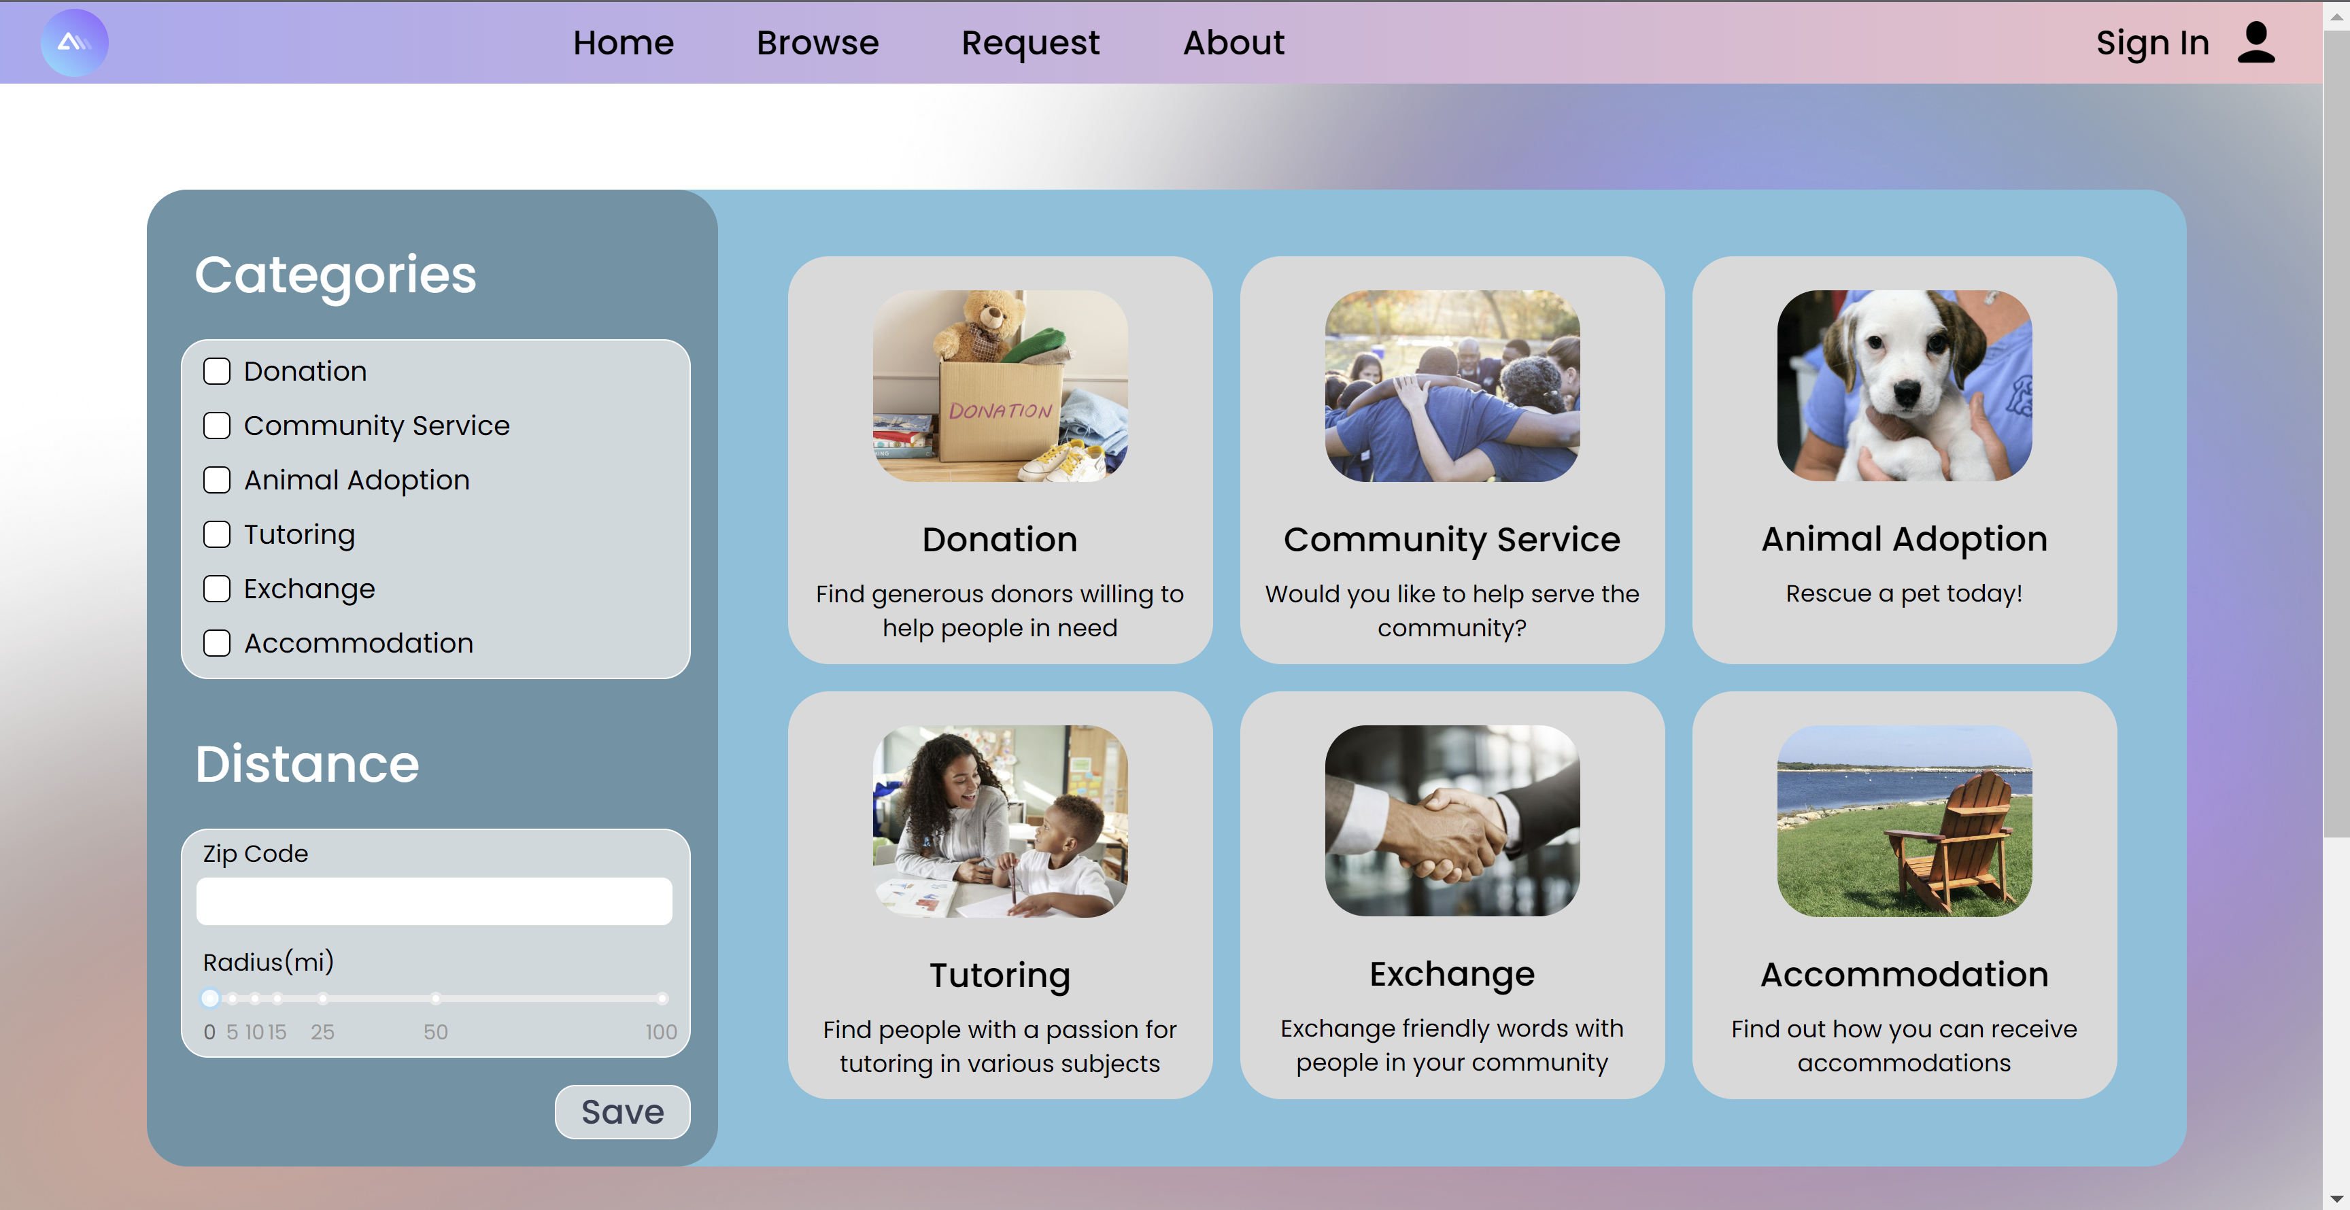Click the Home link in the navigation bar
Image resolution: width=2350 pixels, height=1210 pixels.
click(x=623, y=43)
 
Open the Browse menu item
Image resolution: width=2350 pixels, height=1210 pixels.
click(x=817, y=43)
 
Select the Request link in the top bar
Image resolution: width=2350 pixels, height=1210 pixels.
click(x=1030, y=43)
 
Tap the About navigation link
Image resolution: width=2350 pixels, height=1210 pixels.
click(x=1233, y=43)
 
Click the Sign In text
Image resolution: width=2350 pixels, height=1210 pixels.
click(x=2152, y=43)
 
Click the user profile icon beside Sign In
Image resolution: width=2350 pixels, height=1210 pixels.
click(x=2256, y=43)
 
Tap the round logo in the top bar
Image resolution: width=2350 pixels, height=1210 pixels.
click(x=74, y=43)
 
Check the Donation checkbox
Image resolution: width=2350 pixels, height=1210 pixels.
click(x=216, y=371)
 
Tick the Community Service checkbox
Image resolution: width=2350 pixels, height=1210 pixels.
click(x=216, y=426)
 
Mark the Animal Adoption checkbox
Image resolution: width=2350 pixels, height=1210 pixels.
click(x=216, y=480)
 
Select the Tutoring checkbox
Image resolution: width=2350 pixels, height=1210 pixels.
click(x=216, y=534)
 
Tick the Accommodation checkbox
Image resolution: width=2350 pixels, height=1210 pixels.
click(x=216, y=643)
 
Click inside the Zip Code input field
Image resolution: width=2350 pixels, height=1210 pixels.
click(x=435, y=901)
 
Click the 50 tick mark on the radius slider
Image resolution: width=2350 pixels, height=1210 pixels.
click(x=436, y=999)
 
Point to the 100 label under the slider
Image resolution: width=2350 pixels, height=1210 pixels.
click(x=662, y=1032)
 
